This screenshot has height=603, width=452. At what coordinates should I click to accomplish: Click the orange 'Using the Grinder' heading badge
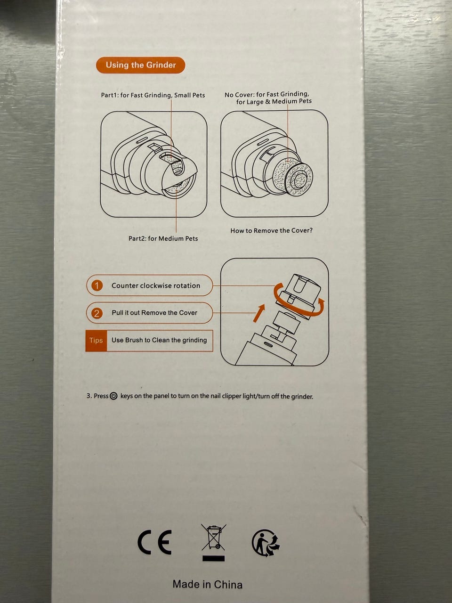(140, 65)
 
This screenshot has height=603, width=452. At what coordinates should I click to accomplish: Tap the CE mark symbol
(155, 542)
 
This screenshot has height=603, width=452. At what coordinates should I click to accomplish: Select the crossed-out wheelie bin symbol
(213, 537)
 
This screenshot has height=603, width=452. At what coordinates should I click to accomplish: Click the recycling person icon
(266, 543)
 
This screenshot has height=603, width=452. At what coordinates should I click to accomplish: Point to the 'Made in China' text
(208, 584)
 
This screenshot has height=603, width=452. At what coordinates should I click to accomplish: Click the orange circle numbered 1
(97, 285)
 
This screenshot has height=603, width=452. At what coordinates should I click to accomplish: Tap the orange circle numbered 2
(97, 313)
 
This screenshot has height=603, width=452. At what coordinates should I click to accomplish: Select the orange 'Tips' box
(96, 341)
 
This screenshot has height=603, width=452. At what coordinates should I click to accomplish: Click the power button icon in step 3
(113, 396)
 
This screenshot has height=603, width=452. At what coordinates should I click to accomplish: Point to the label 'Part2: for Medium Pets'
(163, 238)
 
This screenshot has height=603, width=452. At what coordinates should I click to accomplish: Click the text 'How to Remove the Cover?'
(271, 230)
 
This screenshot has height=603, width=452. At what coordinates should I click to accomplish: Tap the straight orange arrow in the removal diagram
(259, 313)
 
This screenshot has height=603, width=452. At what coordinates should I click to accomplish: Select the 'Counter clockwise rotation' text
(156, 285)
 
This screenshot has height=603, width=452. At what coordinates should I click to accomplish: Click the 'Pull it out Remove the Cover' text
(154, 313)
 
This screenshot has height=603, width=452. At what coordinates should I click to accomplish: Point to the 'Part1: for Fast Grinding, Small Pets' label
(153, 95)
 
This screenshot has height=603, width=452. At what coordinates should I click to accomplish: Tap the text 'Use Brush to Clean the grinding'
(159, 340)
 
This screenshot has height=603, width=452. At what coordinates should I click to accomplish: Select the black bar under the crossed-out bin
(213, 558)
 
